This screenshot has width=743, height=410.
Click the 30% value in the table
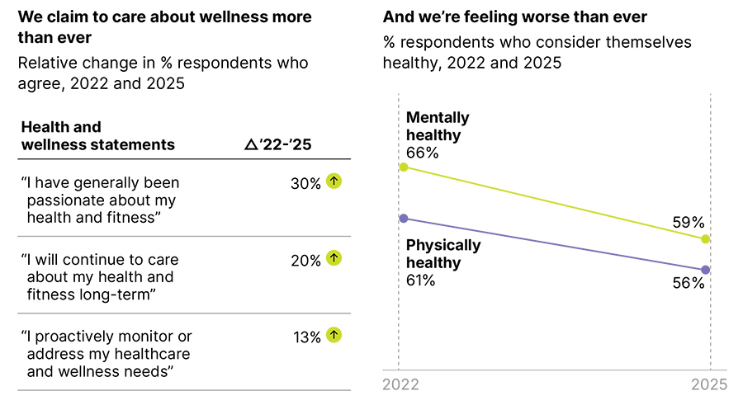coord(305,183)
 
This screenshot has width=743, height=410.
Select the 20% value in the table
coord(305,260)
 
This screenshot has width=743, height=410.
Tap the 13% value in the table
coord(305,337)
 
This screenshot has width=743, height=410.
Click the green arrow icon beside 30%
coord(334,181)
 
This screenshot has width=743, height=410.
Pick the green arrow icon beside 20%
coord(334,258)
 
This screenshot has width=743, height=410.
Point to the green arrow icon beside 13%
coord(334,335)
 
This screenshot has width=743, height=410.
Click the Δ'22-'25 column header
coord(278,144)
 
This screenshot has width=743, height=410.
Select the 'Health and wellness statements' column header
coord(97,136)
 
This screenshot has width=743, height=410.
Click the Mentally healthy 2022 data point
coord(403,167)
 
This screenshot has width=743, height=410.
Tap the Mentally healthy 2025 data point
coord(705,239)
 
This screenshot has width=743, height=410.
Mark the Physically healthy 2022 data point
coord(403,218)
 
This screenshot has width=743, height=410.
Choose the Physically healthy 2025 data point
coord(705,270)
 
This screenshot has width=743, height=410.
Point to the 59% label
coord(687,222)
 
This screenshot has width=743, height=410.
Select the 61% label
coord(421,281)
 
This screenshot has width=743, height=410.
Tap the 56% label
coord(687,284)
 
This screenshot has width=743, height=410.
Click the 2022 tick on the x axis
coord(400,385)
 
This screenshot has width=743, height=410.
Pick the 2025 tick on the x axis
coord(708,385)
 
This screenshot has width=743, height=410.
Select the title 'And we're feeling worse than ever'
coord(515,17)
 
